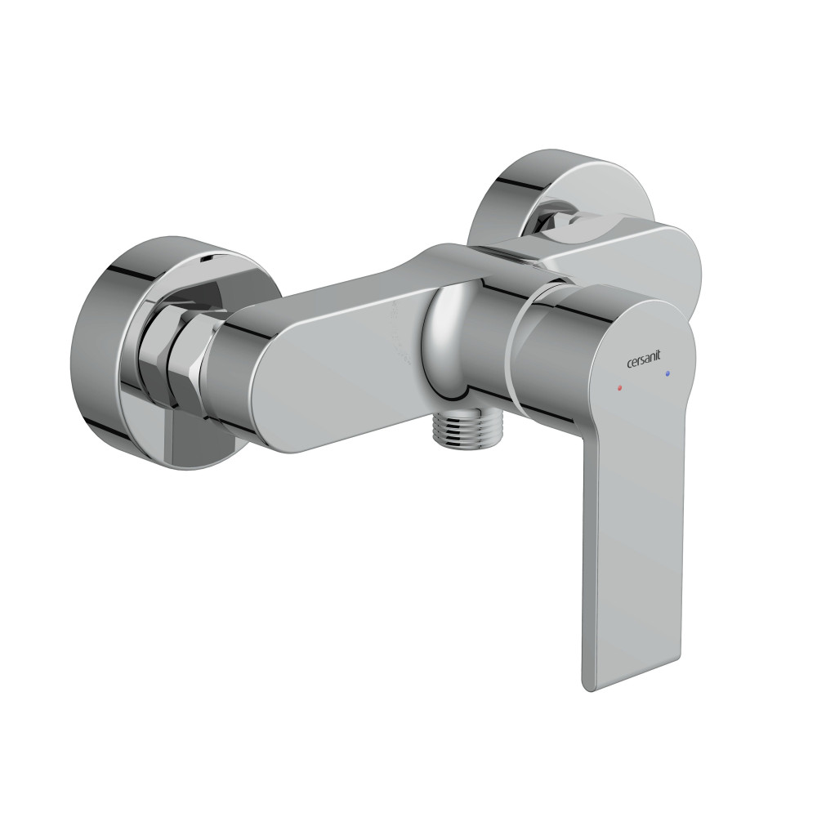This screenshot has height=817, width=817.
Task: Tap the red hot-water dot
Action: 618,387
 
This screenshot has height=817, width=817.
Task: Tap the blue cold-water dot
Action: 667,373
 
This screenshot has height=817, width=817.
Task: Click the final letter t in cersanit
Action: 659,356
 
